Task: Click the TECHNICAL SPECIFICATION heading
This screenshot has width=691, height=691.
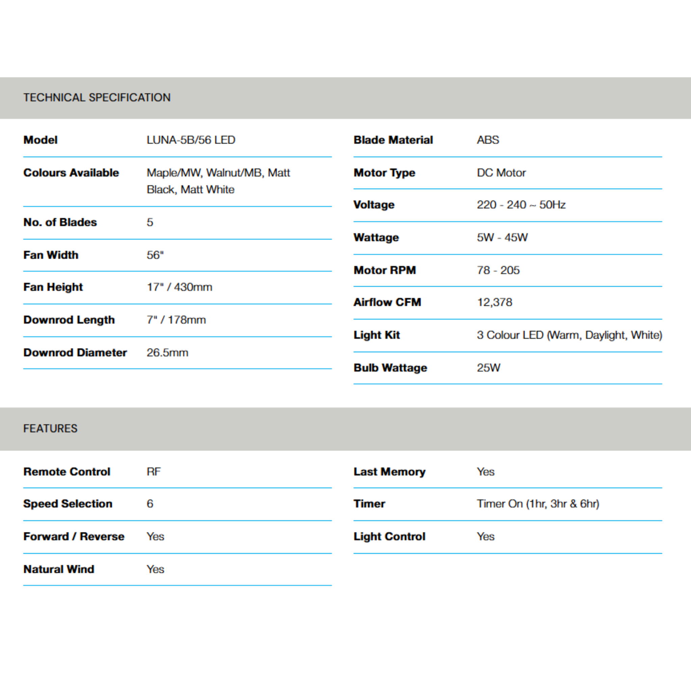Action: point(97,97)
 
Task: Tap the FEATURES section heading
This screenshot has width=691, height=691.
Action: point(50,429)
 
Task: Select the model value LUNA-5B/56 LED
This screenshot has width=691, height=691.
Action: point(191,140)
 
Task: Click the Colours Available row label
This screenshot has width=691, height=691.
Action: point(71,173)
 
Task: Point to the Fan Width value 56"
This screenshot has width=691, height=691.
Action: point(155,255)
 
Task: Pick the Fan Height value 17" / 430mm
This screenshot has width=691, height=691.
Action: point(179,287)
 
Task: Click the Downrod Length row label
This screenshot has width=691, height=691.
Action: point(69,320)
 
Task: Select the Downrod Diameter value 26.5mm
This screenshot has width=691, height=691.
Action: point(167,353)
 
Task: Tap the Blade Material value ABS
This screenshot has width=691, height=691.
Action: point(488,140)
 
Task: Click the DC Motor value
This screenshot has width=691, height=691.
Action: point(501,173)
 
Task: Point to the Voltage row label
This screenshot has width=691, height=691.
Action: point(374,204)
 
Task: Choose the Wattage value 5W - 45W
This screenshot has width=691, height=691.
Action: point(502,238)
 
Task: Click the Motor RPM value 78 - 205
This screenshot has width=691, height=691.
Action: point(498,270)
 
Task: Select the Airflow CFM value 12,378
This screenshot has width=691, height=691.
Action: point(495,302)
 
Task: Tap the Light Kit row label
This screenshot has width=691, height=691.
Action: point(377,335)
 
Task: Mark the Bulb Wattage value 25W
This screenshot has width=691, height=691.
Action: point(489,368)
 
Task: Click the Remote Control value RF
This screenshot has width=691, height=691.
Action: point(154,472)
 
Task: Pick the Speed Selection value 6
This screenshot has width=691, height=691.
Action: point(150,504)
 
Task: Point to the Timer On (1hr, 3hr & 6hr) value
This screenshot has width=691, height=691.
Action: point(538,504)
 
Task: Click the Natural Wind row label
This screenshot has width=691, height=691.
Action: point(59,569)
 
